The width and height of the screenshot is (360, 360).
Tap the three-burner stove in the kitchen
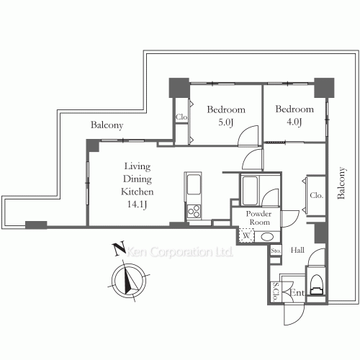(x=193, y=211)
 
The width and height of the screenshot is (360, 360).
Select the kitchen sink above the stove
(x=193, y=184)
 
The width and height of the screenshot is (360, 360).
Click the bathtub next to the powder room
(x=250, y=191)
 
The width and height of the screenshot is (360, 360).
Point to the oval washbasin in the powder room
(x=267, y=238)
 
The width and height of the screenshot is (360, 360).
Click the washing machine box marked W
(x=246, y=235)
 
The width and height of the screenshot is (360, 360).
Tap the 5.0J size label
(x=225, y=122)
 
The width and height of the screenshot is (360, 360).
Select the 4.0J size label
(x=294, y=122)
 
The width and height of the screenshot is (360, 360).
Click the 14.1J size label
(x=137, y=204)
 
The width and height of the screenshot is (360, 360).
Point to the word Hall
(x=297, y=250)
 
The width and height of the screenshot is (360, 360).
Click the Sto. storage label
(x=276, y=251)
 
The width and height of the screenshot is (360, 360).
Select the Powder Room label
(x=259, y=217)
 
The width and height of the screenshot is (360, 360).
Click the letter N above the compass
(x=120, y=248)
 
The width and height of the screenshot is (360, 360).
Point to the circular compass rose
(x=129, y=280)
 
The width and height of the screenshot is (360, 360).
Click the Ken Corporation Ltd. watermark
(x=180, y=252)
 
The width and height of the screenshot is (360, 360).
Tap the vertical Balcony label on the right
(x=341, y=183)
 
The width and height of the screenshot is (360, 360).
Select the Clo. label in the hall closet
(x=316, y=195)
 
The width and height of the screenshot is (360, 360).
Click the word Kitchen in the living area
(x=137, y=192)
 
